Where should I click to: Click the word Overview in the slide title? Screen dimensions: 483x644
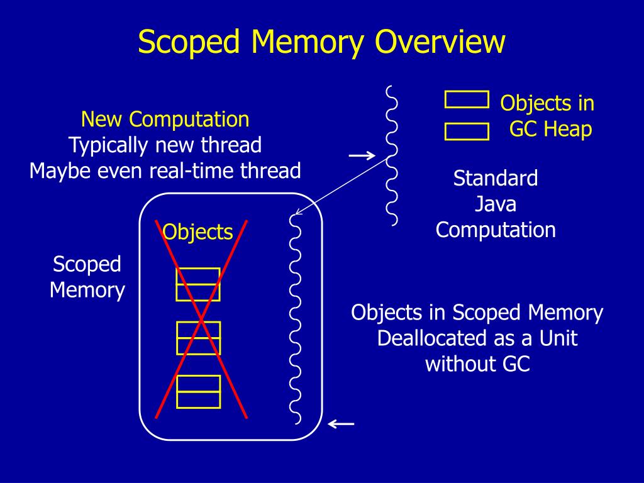(440, 43)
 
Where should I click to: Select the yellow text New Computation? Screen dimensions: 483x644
(165, 119)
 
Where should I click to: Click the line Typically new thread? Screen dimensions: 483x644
(165, 145)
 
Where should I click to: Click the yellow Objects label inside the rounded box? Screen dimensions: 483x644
(197, 232)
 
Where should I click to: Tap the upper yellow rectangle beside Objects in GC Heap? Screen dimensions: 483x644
(467, 99)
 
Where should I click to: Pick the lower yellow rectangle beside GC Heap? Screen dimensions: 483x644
(467, 131)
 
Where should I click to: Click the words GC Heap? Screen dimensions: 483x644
(550, 129)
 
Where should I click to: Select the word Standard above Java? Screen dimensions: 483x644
(496, 178)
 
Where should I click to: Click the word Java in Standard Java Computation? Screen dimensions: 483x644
(496, 204)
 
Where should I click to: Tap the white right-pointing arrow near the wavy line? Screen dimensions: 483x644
(362, 155)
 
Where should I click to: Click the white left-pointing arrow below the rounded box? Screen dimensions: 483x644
(341, 424)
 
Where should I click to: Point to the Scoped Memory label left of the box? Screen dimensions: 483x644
(87, 277)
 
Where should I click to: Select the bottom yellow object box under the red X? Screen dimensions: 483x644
(198, 391)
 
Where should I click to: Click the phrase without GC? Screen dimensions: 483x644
(477, 364)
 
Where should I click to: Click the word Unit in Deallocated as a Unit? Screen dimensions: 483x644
(558, 338)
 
